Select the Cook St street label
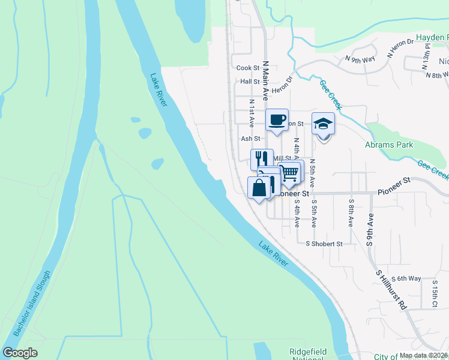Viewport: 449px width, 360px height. coord(247,68)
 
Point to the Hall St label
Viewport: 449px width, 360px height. coord(249,82)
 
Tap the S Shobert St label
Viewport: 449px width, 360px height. coord(324,244)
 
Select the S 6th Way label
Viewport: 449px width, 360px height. coord(406,279)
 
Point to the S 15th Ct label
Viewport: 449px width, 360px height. coord(435,296)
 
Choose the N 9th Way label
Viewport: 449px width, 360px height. coord(360,59)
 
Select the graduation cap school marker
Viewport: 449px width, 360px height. coord(323,124)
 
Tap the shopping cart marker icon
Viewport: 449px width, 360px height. coord(290,173)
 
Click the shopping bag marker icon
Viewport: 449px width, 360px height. coord(259,187)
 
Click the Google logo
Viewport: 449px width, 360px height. coord(20,353)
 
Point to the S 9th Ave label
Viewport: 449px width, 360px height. coord(370,230)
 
